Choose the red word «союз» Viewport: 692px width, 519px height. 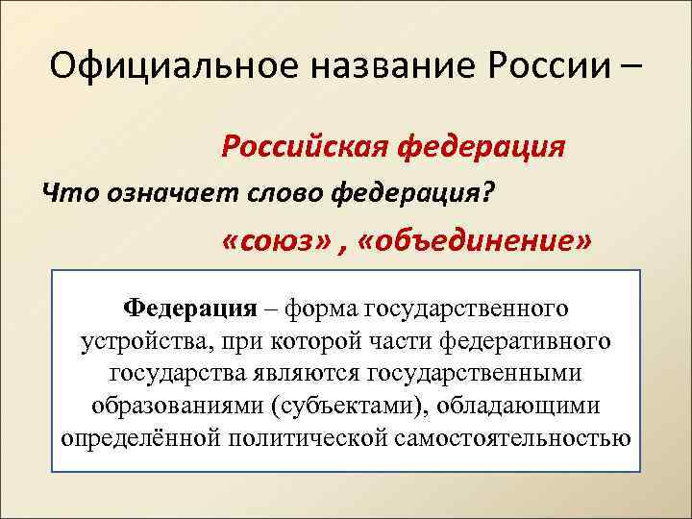coord(279,239)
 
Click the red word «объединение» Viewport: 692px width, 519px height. coord(476,239)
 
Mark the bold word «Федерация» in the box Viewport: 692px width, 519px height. coord(190,309)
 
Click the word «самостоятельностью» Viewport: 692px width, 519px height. coord(513,436)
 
